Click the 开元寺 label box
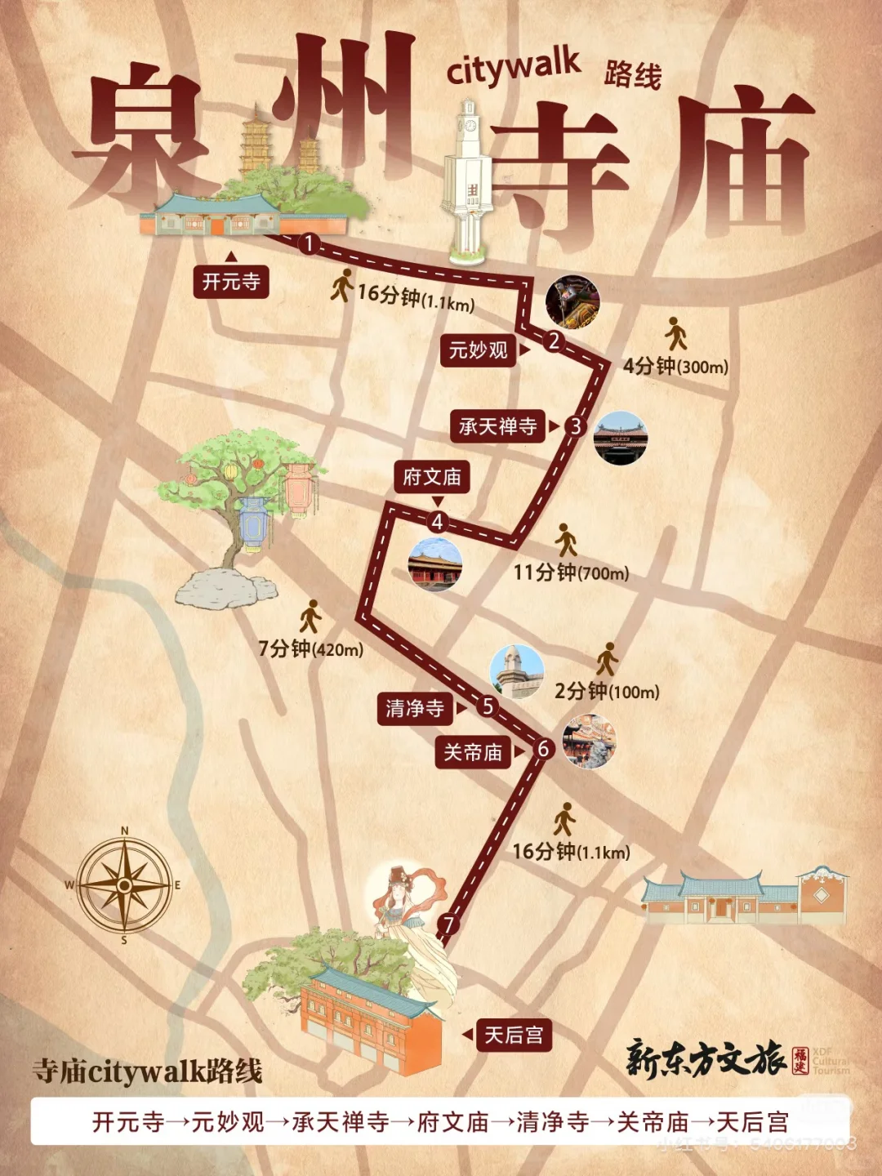231,282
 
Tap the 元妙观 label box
478,350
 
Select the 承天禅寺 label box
497,426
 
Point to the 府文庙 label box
432,477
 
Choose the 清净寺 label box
415,708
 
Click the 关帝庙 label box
473,752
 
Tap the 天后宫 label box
514,1036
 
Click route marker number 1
309,243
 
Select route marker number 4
438,522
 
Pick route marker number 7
448,924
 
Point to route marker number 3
576,426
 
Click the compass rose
124,885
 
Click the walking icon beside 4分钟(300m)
675,333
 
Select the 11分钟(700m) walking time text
571,572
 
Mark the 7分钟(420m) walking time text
310,649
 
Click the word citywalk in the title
513,68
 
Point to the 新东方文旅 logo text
706,1059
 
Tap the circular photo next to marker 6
589,742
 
